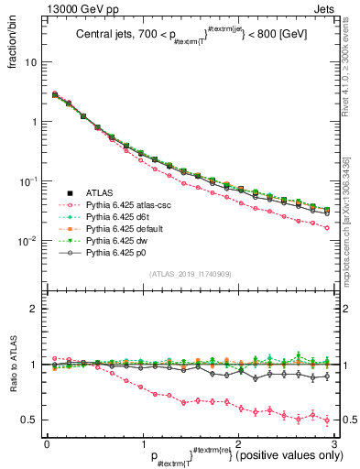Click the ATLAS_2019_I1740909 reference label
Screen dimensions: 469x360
pyautogui.click(x=191, y=274)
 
